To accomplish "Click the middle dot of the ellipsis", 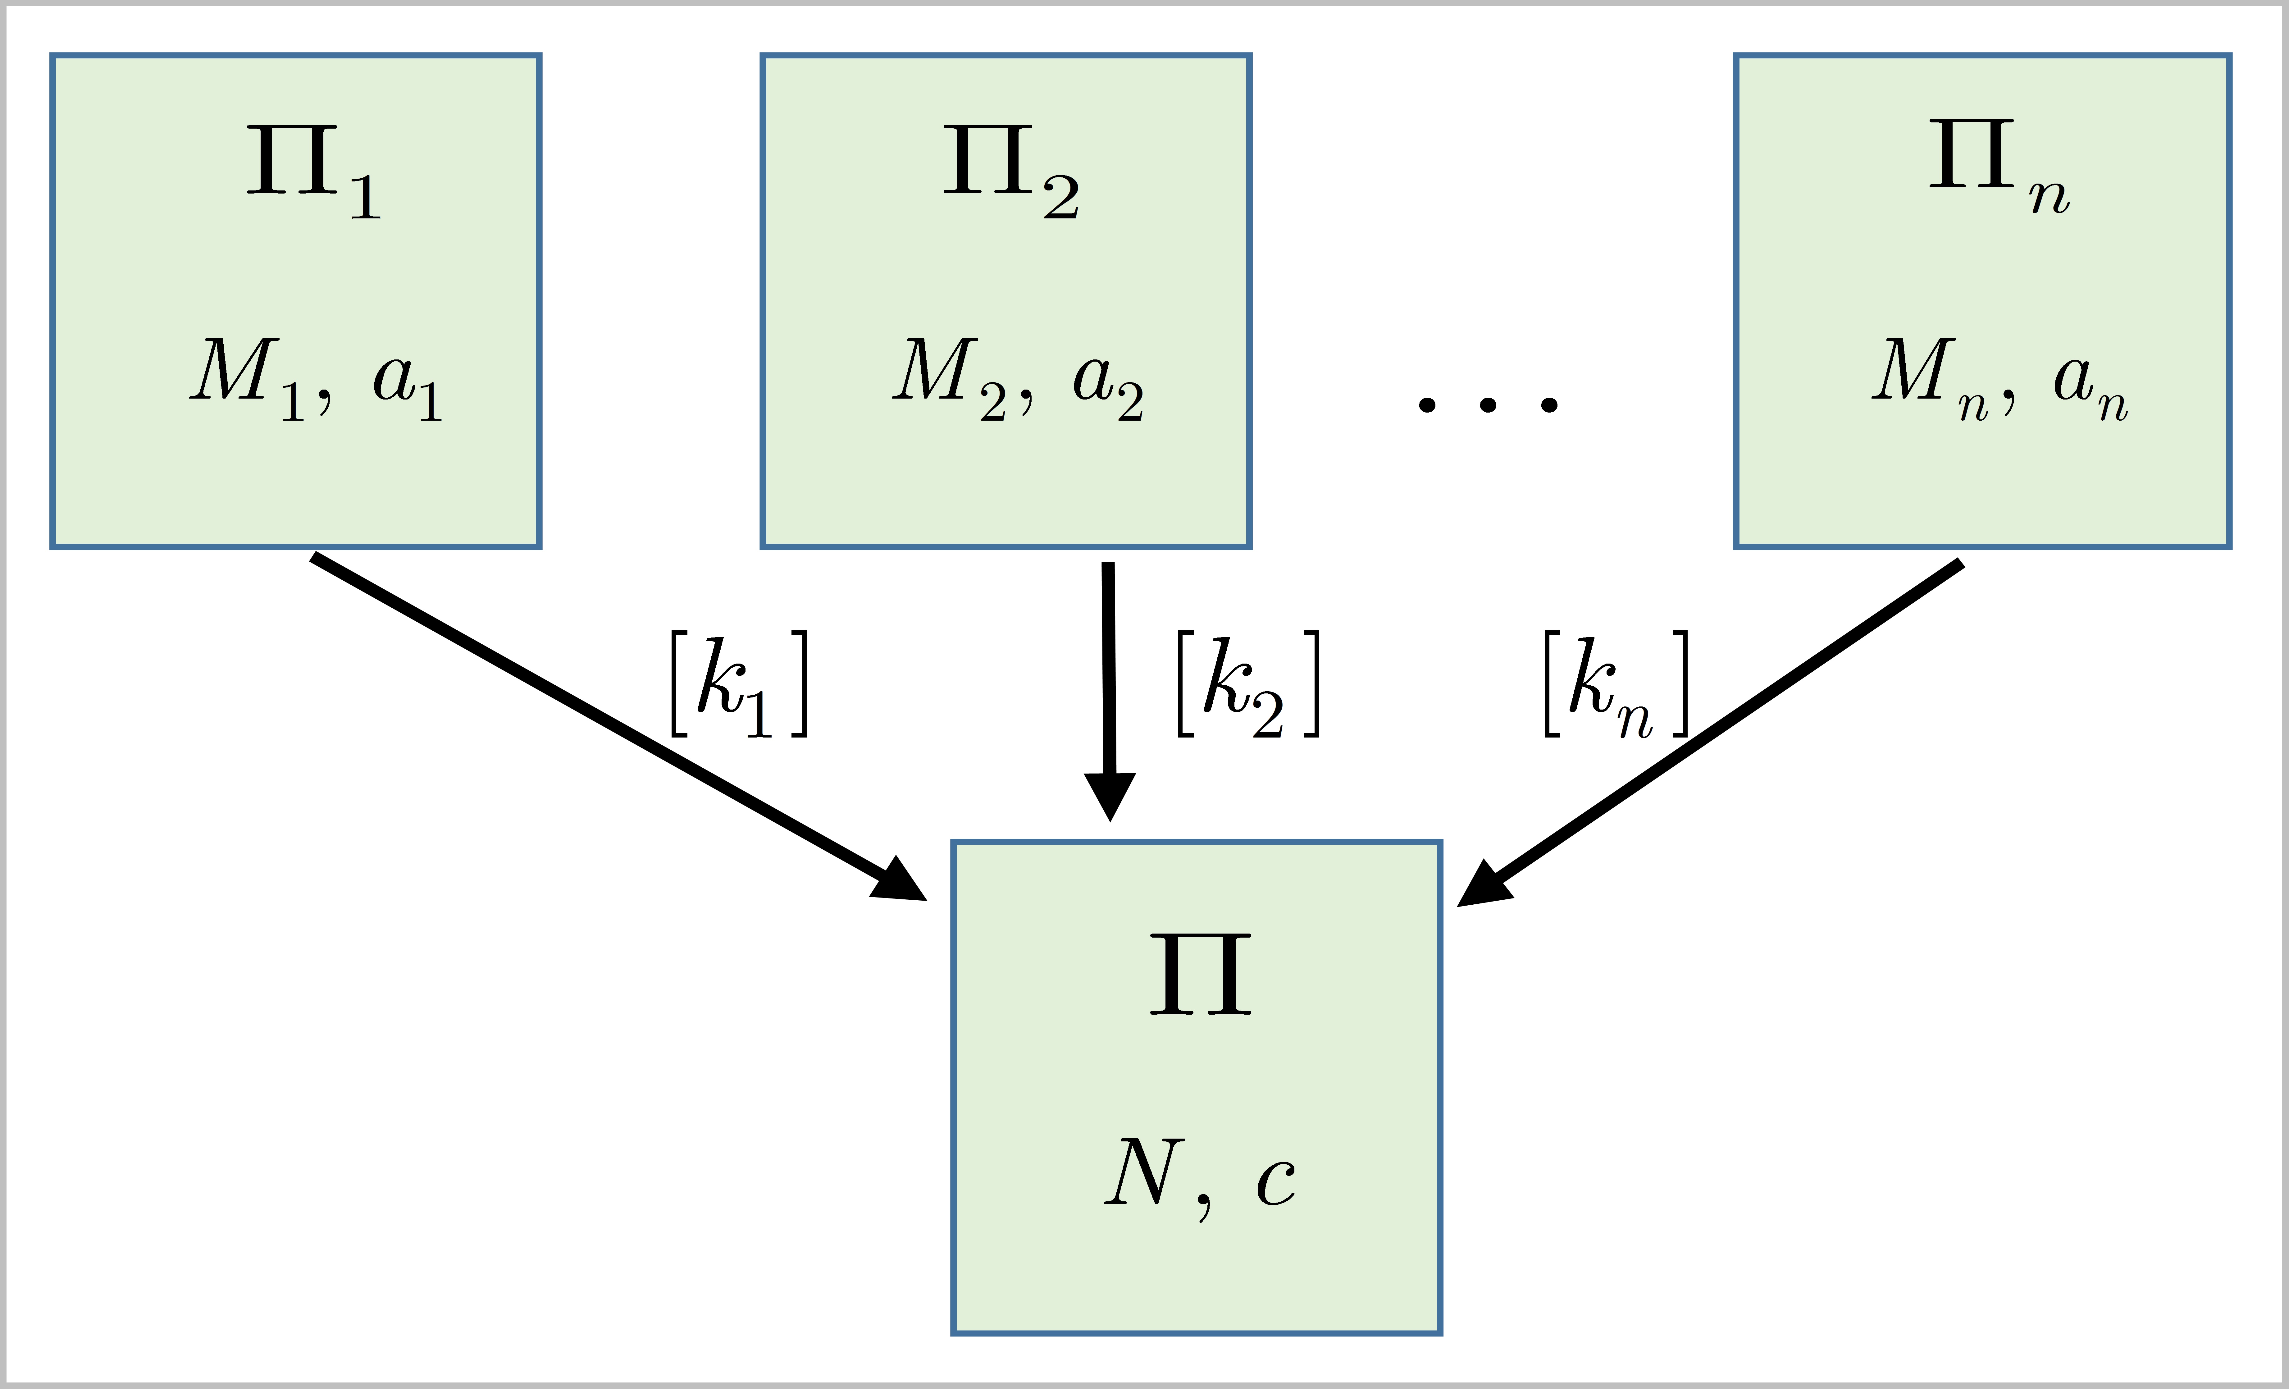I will click(x=1488, y=404).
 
